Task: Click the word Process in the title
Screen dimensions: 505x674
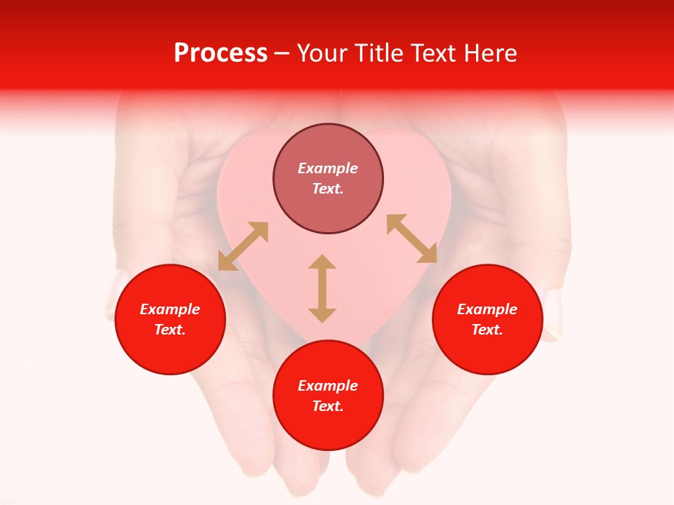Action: [x=220, y=53]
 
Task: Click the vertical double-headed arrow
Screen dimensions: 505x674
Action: [x=322, y=288]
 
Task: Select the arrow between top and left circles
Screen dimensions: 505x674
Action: [x=243, y=246]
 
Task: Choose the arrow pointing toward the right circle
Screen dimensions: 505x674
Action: [x=412, y=239]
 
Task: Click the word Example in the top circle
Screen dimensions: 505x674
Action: [x=328, y=168]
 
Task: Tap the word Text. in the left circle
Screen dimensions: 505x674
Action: [x=170, y=330]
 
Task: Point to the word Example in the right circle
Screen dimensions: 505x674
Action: [x=487, y=309]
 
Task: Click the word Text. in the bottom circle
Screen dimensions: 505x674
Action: [x=328, y=406]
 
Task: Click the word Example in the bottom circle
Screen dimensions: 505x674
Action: [x=328, y=386]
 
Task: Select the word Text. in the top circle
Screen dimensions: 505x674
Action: [x=328, y=189]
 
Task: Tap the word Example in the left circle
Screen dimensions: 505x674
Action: [x=170, y=309]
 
